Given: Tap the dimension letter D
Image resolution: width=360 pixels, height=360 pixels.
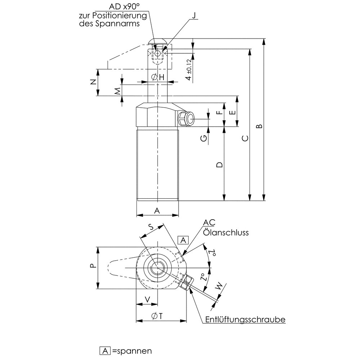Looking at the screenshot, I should point(219,165).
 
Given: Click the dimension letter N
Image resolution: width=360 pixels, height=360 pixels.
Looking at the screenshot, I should point(93,82).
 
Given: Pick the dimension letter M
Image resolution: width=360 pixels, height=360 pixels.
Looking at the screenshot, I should point(117,91).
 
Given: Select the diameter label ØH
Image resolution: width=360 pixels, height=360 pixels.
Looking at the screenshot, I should point(158,77).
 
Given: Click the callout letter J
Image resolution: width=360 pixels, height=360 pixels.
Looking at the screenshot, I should point(194,16).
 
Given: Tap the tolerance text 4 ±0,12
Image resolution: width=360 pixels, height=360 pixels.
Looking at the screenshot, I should point(189,70).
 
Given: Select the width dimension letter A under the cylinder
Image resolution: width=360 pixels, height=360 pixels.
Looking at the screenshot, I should point(157,211).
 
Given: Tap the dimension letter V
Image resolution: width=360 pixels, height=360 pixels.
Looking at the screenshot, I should point(147,299).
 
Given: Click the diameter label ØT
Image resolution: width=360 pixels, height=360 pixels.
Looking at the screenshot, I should point(157,316).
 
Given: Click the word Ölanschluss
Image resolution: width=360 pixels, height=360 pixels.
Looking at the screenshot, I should point(226,232).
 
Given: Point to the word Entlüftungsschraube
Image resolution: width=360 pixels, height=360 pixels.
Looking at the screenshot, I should point(246,319).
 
